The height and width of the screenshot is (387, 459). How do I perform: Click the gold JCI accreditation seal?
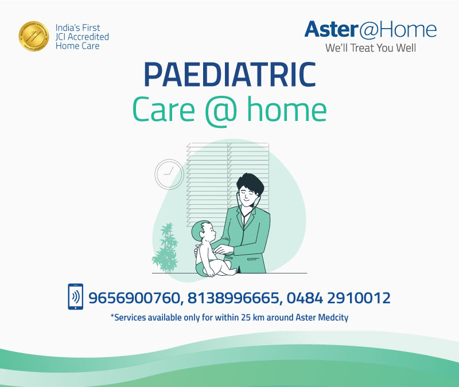(33, 36)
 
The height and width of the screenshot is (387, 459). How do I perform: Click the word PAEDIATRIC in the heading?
(229, 75)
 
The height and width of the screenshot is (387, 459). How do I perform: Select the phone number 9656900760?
(134, 298)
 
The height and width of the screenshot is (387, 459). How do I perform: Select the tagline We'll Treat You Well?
(371, 48)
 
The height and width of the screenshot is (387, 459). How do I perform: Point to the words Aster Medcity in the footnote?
(321, 317)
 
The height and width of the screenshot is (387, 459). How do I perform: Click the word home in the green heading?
(287, 109)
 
